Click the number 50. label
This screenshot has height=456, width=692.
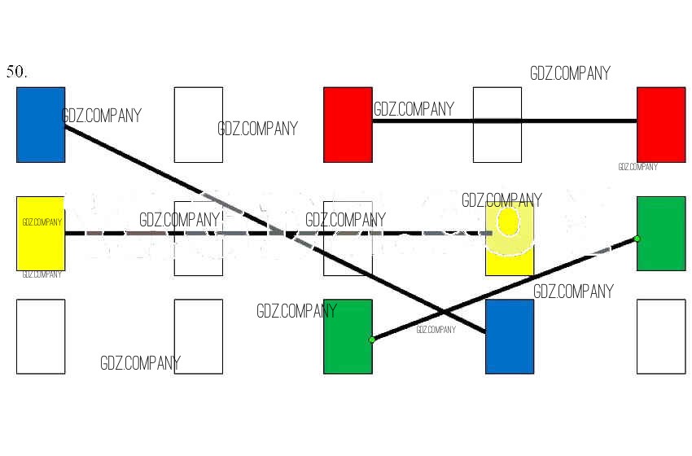16,72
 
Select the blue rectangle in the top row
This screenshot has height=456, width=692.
41,125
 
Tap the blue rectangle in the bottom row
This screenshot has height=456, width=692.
510,336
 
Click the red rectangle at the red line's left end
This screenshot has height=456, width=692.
348,125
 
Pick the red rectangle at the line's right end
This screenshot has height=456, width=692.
660,125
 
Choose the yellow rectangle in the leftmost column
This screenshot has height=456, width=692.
41,234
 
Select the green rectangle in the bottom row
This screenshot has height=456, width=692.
348,336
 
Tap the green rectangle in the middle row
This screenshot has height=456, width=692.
660,234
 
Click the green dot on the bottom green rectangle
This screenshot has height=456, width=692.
372,340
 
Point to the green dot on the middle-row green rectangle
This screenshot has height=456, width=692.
637,239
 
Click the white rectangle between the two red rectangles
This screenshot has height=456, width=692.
497,125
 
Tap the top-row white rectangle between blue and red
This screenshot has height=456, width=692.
199,125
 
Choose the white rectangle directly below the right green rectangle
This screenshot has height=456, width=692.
660,336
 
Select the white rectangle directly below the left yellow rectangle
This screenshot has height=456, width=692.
41,336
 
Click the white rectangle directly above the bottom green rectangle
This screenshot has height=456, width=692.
348,239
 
